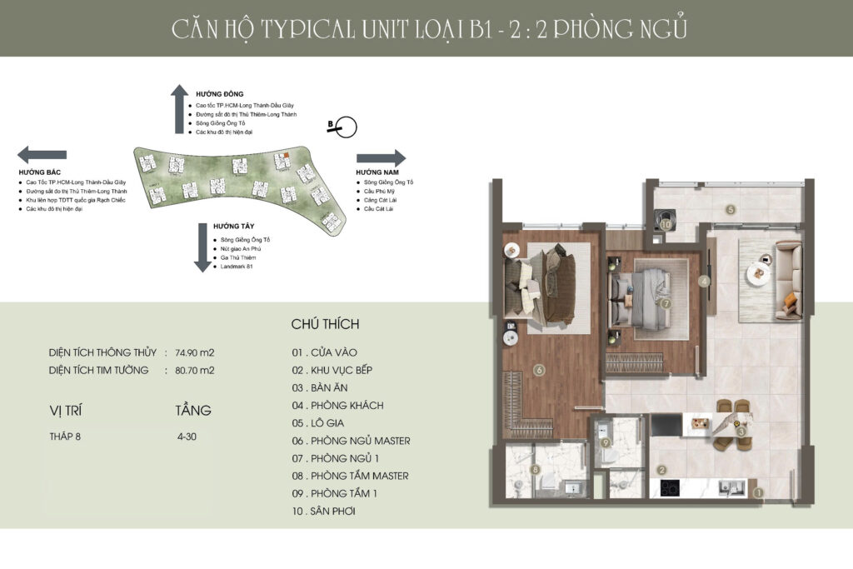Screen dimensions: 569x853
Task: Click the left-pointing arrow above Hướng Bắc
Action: coord(42,154)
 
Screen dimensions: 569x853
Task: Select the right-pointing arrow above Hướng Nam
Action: coord(381,158)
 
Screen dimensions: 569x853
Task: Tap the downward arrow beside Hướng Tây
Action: coord(202,247)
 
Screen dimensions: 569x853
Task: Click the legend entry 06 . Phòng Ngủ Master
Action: coord(351,441)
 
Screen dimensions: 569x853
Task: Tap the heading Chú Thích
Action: coord(325,324)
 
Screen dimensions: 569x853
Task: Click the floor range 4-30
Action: coord(187,436)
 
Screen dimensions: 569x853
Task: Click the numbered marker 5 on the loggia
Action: coord(731,210)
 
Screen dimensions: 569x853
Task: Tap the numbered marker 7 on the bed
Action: coord(666,303)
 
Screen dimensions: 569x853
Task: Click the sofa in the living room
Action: coord(787,279)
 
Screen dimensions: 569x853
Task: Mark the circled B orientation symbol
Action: coord(345,127)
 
